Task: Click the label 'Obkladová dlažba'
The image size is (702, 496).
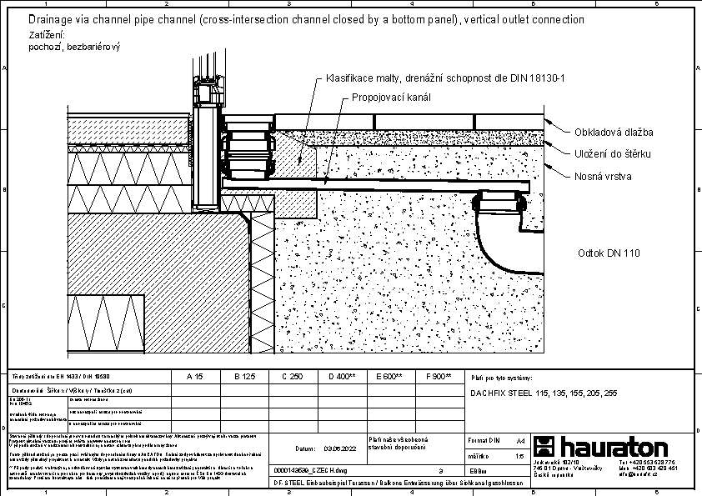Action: click(x=613, y=133)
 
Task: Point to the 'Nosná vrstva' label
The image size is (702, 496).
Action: click(x=603, y=177)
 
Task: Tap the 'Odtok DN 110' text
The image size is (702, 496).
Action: click(x=609, y=253)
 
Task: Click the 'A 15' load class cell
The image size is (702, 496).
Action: click(x=194, y=377)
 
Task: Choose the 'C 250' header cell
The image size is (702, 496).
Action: click(x=292, y=377)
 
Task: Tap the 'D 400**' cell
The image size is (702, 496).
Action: click(x=342, y=377)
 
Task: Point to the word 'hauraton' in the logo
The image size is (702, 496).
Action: click(x=614, y=446)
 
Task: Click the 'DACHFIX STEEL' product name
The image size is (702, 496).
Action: click(x=504, y=393)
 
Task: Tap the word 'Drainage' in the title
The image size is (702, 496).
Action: click(x=49, y=19)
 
